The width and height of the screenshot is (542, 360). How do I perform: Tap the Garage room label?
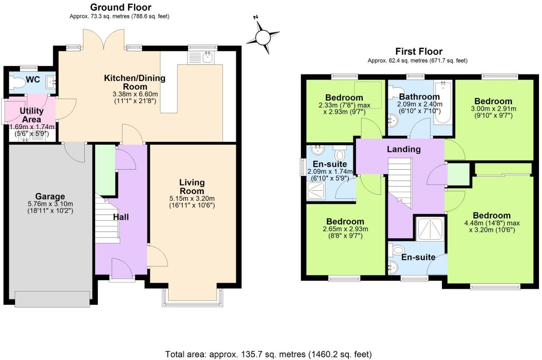pos(50,197)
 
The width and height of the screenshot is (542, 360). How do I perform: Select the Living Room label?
pos(192,187)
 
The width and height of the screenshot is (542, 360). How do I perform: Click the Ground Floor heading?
pos(120,7)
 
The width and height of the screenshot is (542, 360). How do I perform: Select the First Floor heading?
pos(419,52)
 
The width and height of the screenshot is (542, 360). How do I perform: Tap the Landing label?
pos(403,149)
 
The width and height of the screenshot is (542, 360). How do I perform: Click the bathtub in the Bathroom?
pos(443,102)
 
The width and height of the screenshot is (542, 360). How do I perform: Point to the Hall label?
pos(121,217)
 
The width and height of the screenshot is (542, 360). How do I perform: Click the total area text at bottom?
pos(268,354)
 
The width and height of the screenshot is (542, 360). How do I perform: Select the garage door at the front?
pos(52,299)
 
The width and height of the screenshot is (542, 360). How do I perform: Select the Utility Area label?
pos(32,115)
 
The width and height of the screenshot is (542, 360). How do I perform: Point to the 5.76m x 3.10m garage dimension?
pos(50,204)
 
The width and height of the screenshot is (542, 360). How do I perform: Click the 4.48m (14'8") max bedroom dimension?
pos(492,223)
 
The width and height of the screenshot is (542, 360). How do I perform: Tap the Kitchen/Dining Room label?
pos(135,82)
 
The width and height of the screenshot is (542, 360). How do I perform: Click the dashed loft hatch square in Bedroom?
pos(368,95)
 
